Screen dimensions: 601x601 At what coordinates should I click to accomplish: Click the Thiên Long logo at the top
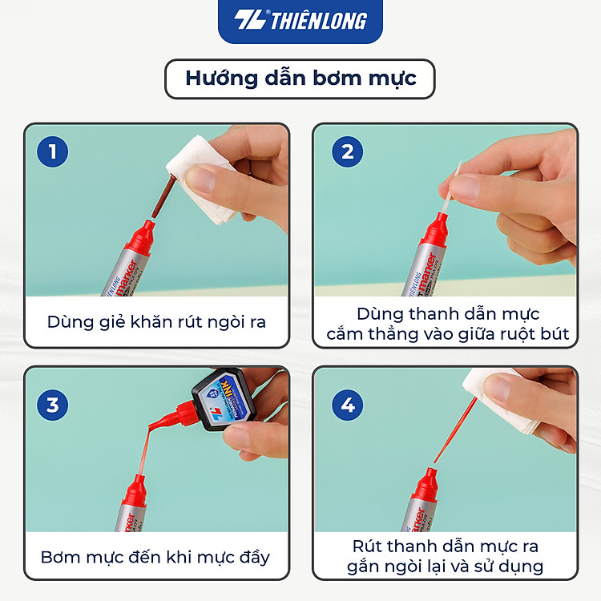point(300,20)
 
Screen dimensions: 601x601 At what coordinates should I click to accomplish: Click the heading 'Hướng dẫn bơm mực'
point(300,79)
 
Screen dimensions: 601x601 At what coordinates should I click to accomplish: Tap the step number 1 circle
point(53,151)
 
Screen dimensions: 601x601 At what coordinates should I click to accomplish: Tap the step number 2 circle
point(347,151)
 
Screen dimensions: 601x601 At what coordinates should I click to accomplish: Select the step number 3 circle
point(53,405)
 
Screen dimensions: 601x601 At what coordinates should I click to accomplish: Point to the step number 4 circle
point(347,405)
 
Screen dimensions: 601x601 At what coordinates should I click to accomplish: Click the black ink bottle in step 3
point(225,398)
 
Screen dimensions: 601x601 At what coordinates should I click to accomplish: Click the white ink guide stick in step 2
point(451,188)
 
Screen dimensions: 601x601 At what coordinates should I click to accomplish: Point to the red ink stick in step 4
point(455,430)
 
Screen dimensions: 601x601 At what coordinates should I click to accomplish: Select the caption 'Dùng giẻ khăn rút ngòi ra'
point(156,322)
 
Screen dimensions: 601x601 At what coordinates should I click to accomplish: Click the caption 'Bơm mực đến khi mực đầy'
point(155,557)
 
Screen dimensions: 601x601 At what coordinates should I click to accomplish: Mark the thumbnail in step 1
point(202,179)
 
